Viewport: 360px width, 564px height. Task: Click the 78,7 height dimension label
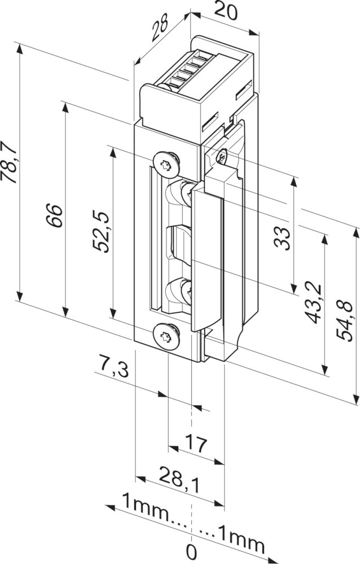pyautogui.click(x=10, y=163)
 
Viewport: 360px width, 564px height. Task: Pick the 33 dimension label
pyautogui.click(x=284, y=236)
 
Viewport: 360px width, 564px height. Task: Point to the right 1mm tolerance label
pyautogui.click(x=239, y=543)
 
